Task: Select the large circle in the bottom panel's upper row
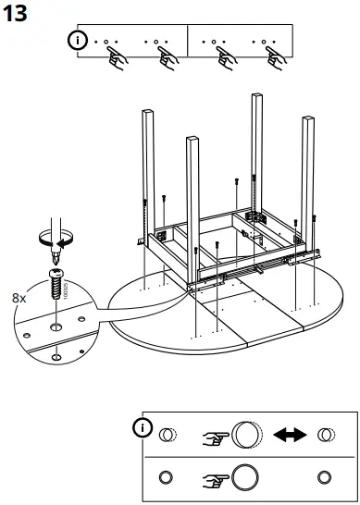coord(245,435)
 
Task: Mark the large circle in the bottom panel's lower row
coord(245,477)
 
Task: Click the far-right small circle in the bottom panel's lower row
coord(324,477)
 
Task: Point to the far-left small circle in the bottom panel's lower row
coord(166,477)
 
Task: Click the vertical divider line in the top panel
coord(188,42)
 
